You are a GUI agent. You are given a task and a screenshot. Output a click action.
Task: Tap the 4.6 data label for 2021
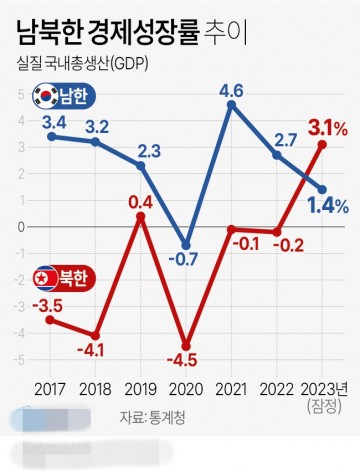[232, 91]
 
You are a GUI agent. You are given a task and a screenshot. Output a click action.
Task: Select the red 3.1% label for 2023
[327, 127]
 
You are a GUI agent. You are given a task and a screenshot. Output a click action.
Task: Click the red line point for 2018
[96, 334]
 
